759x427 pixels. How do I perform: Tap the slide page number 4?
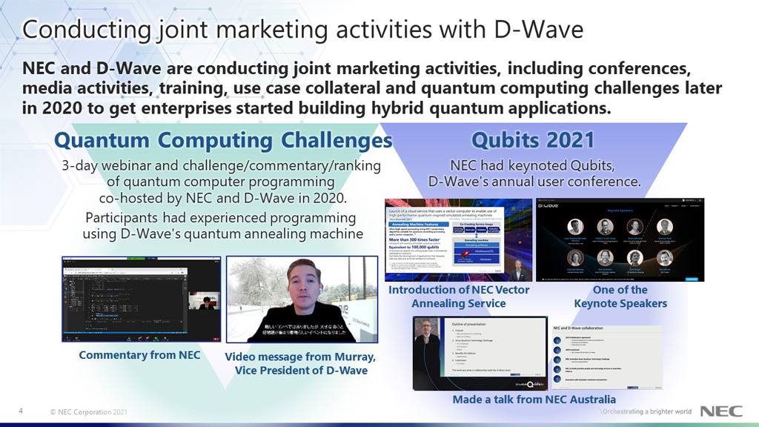pyautogui.click(x=21, y=411)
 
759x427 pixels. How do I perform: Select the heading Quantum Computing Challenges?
pyautogui.click(x=223, y=140)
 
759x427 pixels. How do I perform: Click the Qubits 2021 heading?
pyautogui.click(x=533, y=140)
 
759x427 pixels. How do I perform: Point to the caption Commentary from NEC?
pyautogui.click(x=140, y=355)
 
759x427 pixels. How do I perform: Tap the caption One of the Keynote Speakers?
pyautogui.click(x=620, y=297)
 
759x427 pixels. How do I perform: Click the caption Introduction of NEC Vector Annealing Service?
pyautogui.click(x=459, y=297)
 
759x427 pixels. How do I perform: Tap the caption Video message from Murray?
pyautogui.click(x=300, y=363)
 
